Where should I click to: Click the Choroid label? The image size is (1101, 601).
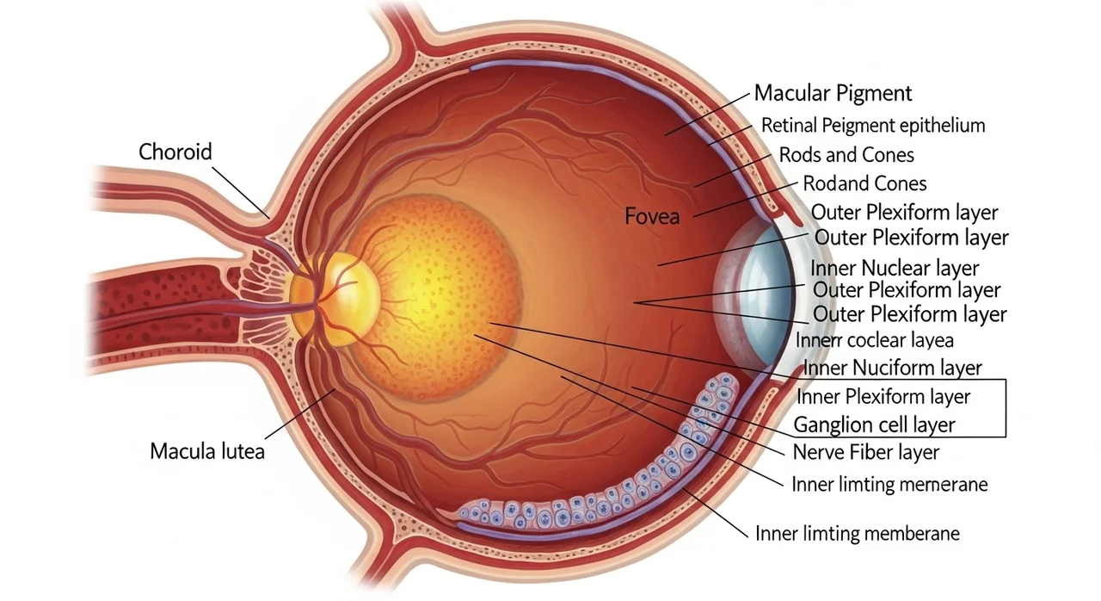pos(175,152)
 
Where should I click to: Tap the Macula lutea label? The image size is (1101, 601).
pos(207,451)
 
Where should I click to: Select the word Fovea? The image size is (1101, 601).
pos(652,216)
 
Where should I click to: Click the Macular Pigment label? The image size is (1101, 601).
pos(833,94)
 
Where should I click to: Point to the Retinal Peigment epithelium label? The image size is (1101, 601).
pos(873,126)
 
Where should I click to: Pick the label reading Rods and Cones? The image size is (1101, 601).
pos(846,155)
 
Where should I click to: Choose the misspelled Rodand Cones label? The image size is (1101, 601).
pos(864,184)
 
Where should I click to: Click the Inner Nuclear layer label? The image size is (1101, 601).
pos(895,269)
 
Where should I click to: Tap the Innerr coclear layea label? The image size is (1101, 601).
pos(875,340)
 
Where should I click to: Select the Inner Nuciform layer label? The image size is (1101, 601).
pos(892,368)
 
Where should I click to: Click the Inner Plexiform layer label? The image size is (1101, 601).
pos(883,397)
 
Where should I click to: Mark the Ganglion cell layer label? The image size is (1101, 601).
pos(874,425)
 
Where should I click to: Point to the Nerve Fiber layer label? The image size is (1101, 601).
pos(866,452)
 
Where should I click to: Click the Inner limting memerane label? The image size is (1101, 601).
pos(889,485)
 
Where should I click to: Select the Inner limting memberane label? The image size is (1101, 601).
pos(858,534)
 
